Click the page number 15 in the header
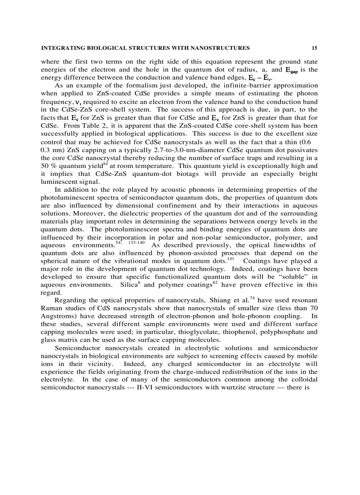[x=314, y=48]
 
